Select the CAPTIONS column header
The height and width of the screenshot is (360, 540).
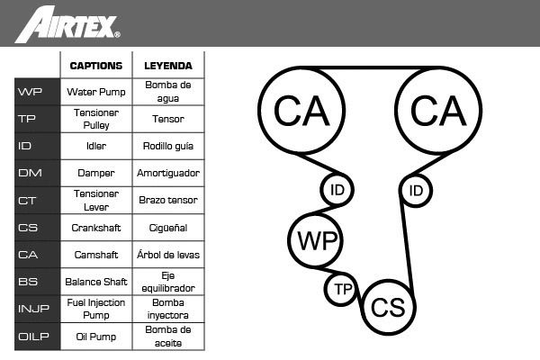pyautogui.click(x=96, y=65)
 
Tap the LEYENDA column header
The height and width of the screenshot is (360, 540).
pyautogui.click(x=167, y=65)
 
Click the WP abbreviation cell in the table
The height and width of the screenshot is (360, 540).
pyautogui.click(x=29, y=92)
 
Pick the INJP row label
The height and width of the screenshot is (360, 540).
pyautogui.click(x=29, y=310)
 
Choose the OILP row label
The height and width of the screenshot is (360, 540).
pyautogui.click(x=29, y=337)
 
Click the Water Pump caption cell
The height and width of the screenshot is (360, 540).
pyautogui.click(x=96, y=92)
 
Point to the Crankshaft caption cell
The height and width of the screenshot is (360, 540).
pyautogui.click(x=96, y=228)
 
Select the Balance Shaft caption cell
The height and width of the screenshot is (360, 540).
pyautogui.click(x=96, y=282)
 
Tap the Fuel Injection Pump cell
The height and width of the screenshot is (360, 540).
pyautogui.click(x=96, y=310)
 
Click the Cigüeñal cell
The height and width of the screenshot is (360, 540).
pyautogui.click(x=167, y=228)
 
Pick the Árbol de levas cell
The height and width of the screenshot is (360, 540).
pyautogui.click(x=167, y=255)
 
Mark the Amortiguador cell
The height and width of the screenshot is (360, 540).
pyautogui.click(x=167, y=173)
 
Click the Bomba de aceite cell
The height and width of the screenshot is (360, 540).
pyautogui.click(x=167, y=337)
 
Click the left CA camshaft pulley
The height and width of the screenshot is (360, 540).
pyautogui.click(x=301, y=110)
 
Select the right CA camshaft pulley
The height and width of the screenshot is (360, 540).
pyautogui.click(x=438, y=110)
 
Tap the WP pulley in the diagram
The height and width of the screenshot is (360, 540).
pyautogui.click(x=316, y=241)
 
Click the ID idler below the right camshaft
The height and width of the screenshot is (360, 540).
pyautogui.click(x=416, y=191)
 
